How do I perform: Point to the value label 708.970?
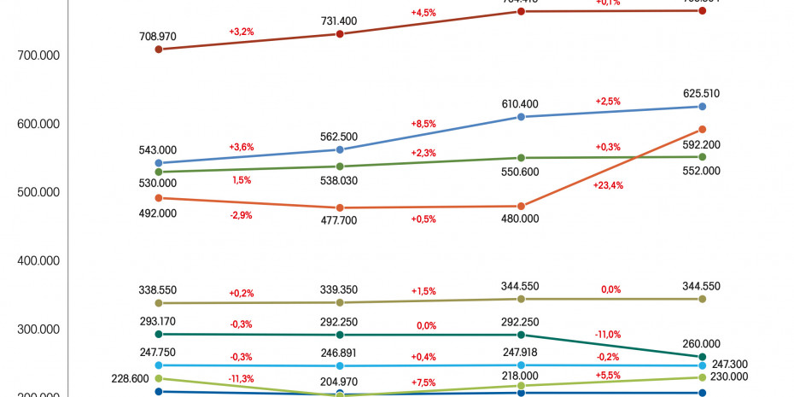158,36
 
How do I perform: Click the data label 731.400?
340,20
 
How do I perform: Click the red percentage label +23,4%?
608,185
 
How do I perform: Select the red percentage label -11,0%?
608,335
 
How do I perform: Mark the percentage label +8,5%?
423,124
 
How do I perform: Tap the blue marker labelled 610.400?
522,117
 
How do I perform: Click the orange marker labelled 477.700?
340,208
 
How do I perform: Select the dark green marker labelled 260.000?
703,357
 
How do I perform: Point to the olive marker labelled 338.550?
159,303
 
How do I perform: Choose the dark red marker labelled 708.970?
159,50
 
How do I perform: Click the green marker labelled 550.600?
522,158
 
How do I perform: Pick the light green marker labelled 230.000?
703,377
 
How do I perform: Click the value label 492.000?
158,213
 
